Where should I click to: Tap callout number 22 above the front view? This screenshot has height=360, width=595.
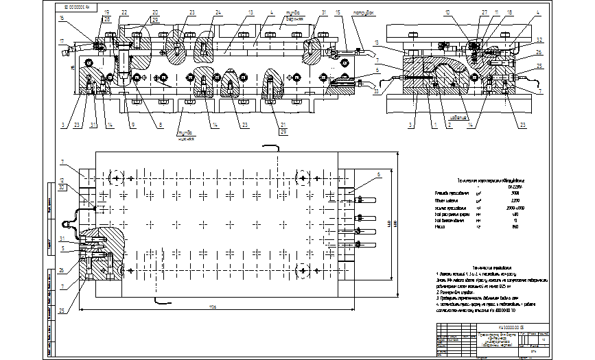[x=124, y=13]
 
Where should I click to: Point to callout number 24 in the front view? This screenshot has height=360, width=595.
[x=217, y=13]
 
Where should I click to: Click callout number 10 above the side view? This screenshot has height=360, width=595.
[x=447, y=12]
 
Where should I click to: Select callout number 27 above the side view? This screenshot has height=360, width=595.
[x=484, y=12]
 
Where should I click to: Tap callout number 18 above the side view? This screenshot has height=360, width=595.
[x=509, y=12]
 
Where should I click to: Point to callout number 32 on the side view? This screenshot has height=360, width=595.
[x=539, y=40]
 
